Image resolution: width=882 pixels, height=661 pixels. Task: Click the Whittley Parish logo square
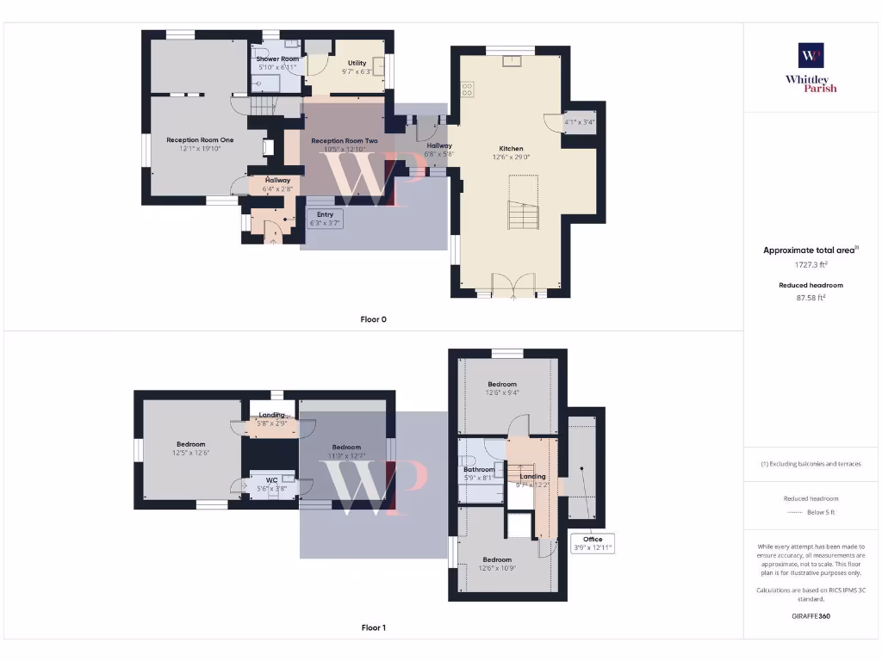[x=811, y=55]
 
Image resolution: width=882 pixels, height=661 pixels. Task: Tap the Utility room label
[x=357, y=63]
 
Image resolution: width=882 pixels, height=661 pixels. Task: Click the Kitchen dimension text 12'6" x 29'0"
[x=511, y=157]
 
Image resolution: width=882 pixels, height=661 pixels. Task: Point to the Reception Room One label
[x=200, y=139]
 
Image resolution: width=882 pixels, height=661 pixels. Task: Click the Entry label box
[x=326, y=219]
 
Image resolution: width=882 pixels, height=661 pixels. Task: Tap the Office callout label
[x=593, y=543]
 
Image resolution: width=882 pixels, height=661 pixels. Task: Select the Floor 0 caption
[x=373, y=319]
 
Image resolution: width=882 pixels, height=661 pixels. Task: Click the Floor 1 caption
[x=373, y=628]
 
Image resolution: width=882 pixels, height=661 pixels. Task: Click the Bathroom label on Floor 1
[x=479, y=470]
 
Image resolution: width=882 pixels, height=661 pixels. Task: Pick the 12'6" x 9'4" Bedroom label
[x=502, y=393]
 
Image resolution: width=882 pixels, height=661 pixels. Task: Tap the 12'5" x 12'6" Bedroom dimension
[x=191, y=453]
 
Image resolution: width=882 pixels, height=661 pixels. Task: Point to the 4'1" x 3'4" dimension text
[x=579, y=122]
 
